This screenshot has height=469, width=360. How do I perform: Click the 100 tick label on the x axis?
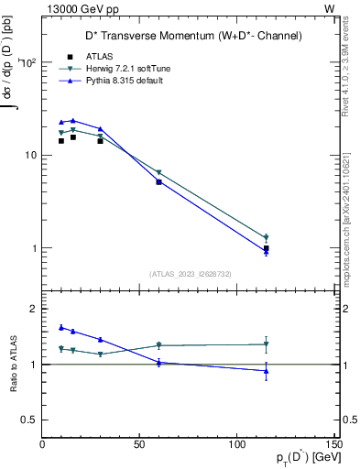click(x=236, y=444)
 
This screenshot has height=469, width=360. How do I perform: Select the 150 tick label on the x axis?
click(x=333, y=444)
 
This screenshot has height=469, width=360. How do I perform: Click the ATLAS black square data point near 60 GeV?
click(x=158, y=182)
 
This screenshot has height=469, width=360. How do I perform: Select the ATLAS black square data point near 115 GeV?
click(x=266, y=248)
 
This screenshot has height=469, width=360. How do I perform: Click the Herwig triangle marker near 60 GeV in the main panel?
click(x=158, y=172)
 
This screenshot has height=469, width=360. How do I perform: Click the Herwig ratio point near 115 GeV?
click(x=266, y=344)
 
